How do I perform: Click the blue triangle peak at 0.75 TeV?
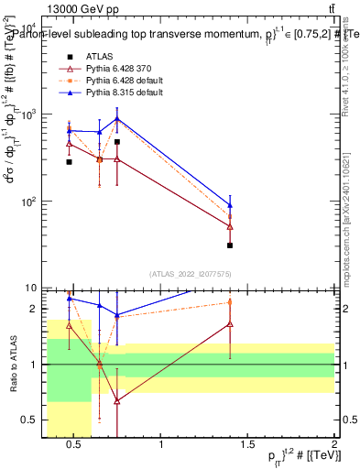[117, 119]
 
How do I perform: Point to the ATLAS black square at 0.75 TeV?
[117, 142]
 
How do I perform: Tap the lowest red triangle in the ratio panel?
[117, 401]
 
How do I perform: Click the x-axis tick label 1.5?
[248, 444]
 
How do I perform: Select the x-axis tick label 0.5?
[75, 444]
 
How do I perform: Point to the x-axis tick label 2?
[334, 444]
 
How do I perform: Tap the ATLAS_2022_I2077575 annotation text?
[191, 274]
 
